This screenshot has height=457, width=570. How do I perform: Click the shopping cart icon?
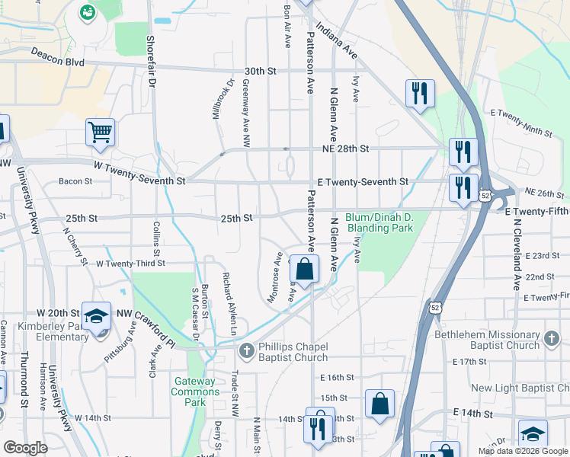click(x=100, y=133)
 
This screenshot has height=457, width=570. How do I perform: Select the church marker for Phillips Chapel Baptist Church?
click(x=245, y=350)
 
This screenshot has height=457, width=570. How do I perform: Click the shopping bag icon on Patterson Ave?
click(x=304, y=270)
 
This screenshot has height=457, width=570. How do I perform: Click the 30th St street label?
click(x=259, y=71)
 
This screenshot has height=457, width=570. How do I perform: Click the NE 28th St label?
click(x=344, y=149)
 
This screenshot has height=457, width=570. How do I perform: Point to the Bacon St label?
click(x=75, y=181)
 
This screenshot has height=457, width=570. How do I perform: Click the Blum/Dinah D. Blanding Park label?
click(x=379, y=222)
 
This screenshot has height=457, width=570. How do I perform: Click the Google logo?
click(x=25, y=448)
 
